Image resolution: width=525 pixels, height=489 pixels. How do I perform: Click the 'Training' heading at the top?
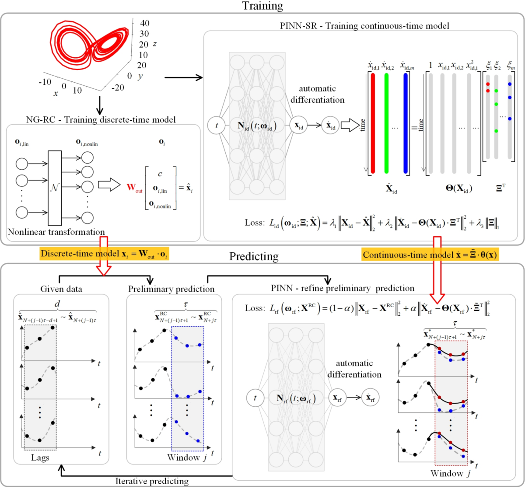click(263, 6)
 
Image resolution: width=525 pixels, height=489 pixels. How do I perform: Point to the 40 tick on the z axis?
click(144, 23)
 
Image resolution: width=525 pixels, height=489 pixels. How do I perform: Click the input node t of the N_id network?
click(217, 126)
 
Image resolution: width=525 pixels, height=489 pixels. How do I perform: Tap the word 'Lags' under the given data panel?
click(40, 458)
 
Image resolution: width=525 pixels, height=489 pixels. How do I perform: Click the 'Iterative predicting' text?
click(152, 481)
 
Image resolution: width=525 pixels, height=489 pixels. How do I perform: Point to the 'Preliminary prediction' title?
click(171, 289)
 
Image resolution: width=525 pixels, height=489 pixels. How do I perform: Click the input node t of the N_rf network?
click(255, 398)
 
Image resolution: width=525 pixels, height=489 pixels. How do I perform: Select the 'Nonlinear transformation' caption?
click(56, 232)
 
